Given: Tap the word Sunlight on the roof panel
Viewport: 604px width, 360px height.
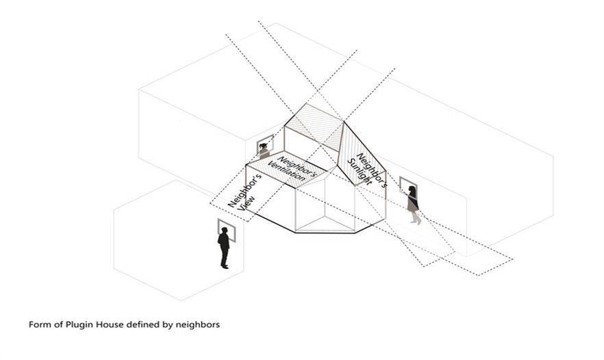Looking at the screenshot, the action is point(360,172).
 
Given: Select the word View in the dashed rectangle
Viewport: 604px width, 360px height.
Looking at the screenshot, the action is point(246,203).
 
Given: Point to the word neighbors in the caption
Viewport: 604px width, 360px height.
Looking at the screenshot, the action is point(198,324).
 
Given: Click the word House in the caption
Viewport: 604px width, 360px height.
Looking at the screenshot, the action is point(110,324).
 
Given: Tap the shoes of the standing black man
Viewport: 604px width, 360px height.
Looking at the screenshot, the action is point(225,266).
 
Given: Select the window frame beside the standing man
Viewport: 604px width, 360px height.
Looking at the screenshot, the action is point(227,230).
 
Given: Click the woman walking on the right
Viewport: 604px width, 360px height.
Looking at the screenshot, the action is point(414,205).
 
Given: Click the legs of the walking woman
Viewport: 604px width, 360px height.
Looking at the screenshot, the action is point(415,218).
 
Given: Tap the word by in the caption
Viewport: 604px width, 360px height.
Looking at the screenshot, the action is point(168,325).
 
